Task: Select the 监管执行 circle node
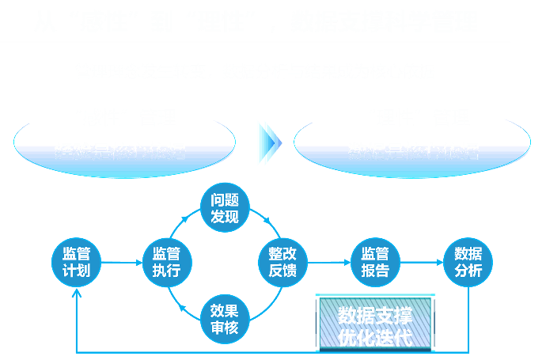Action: (166, 262)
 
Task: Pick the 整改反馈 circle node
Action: (282, 262)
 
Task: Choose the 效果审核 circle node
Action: (225, 317)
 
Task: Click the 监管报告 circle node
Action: (375, 262)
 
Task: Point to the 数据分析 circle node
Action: (468, 262)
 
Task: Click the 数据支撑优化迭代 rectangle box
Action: (375, 324)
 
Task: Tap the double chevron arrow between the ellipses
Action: (268, 143)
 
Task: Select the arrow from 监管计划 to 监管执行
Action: (120, 262)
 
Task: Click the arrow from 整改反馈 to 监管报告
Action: (328, 262)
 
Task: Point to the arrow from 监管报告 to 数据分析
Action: (421, 262)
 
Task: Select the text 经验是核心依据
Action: (119, 150)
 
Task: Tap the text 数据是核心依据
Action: (413, 150)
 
